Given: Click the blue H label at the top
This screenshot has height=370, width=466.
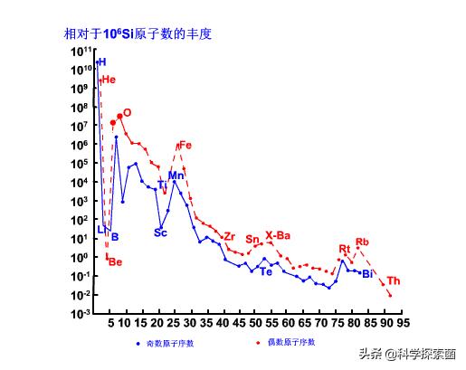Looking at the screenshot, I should (102, 62).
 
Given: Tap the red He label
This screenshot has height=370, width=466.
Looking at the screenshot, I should (109, 80).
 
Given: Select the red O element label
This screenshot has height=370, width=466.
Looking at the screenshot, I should (127, 113).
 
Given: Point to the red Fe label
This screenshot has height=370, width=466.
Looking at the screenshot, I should (185, 145).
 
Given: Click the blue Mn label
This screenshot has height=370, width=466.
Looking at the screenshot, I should (176, 176).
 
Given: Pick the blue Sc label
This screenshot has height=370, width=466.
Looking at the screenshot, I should (160, 232).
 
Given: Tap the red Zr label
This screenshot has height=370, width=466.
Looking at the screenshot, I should (229, 236).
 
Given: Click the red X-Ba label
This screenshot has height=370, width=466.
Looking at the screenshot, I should (277, 235).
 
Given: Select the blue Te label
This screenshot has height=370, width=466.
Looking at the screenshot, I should (266, 271).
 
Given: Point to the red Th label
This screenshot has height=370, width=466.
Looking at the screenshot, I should (394, 280).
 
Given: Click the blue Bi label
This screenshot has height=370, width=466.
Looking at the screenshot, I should (367, 274).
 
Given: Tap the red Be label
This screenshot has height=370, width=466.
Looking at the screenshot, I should (115, 262).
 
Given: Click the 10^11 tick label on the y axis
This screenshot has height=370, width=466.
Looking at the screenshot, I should (81, 51).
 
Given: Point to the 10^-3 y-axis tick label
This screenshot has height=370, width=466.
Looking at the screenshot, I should (81, 314).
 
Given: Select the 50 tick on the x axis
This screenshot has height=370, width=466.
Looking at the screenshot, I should (256, 323).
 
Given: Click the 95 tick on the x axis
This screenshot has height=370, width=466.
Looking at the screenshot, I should (402, 323).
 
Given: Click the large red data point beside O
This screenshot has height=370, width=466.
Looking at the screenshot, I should (119, 117).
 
